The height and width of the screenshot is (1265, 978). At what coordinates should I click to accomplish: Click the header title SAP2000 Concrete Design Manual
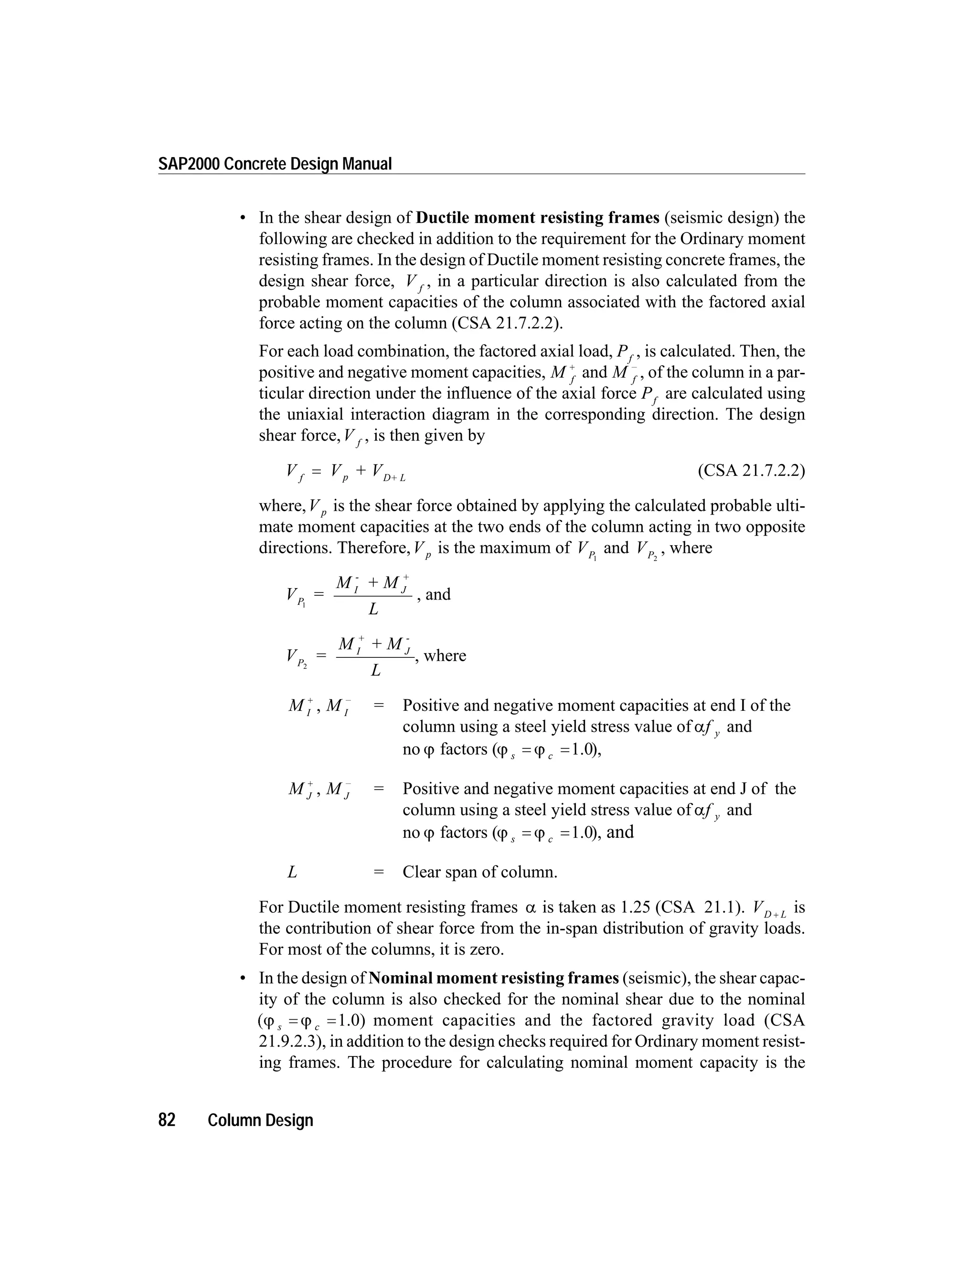click(x=275, y=165)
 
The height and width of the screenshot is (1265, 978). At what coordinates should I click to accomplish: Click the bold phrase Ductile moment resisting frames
click(x=538, y=218)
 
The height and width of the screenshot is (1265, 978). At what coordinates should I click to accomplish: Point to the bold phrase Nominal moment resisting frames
click(x=494, y=978)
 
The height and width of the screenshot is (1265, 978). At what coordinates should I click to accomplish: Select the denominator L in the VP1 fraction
click(x=374, y=609)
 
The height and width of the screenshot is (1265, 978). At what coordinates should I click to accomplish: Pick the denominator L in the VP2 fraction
click(x=376, y=671)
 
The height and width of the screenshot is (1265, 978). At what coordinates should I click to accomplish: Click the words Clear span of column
click(x=480, y=872)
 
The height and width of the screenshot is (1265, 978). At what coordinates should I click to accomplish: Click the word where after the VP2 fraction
click(x=445, y=656)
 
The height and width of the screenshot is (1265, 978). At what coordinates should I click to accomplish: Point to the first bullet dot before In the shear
click(x=244, y=218)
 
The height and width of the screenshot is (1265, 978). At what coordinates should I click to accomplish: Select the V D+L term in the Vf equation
click(x=388, y=472)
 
